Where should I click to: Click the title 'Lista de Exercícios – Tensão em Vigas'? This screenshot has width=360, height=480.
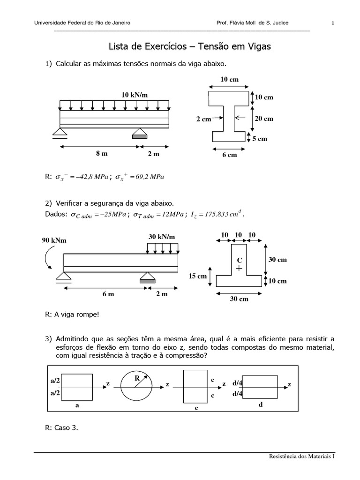[x=189, y=47]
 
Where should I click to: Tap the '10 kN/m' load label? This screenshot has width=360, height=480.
[x=134, y=95]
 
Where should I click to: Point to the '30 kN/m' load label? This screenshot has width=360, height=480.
[x=161, y=237]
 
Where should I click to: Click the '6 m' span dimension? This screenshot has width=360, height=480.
[x=108, y=294]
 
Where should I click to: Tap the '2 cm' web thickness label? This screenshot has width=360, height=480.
[x=203, y=120]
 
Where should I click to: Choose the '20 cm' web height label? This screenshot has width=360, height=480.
[x=263, y=119]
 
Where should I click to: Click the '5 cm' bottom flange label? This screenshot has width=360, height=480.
[x=259, y=139]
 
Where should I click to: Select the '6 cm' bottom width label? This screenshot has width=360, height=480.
[x=229, y=155]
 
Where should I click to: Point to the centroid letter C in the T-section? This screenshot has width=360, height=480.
[x=239, y=260]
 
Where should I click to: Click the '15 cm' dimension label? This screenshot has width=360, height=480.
[x=198, y=277]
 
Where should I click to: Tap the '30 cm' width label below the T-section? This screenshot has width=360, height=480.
[x=239, y=299]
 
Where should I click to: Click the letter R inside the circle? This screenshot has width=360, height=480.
[x=137, y=377]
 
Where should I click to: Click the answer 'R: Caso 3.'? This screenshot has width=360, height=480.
[x=61, y=427]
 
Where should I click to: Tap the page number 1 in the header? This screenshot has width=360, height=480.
[x=333, y=23]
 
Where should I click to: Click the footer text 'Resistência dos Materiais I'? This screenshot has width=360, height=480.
[x=302, y=456]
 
